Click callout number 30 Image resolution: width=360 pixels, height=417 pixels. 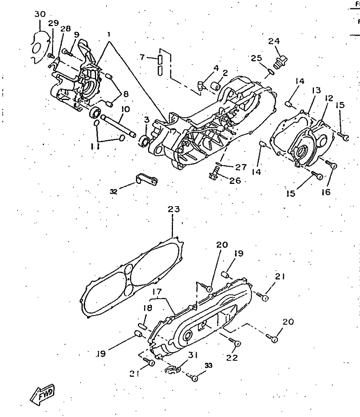[x=40, y=14]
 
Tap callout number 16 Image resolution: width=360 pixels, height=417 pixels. [x=326, y=192]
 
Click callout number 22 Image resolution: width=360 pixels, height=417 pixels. [x=232, y=357]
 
